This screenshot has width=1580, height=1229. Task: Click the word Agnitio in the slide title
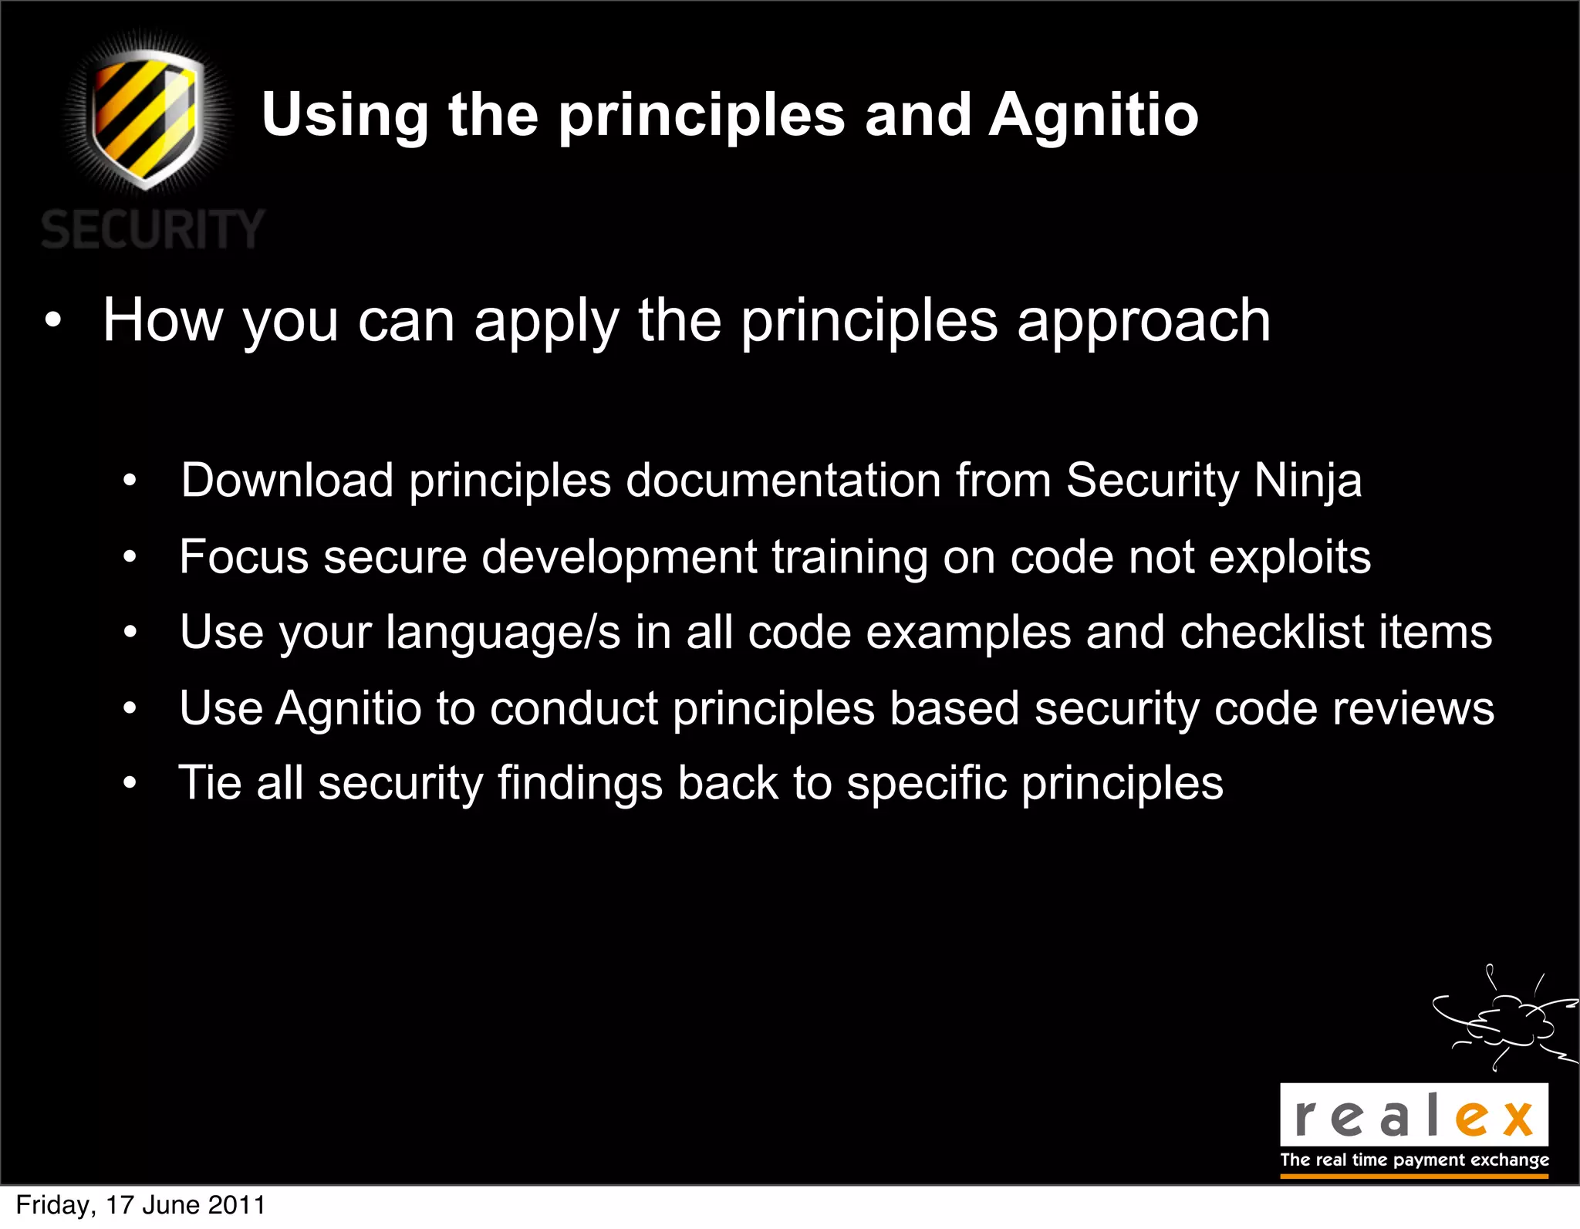[1093, 116]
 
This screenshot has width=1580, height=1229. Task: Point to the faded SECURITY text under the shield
[153, 230]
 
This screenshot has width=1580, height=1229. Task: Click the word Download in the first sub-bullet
[287, 480]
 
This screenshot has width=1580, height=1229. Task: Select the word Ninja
[1308, 481]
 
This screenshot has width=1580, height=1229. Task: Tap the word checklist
[1272, 632]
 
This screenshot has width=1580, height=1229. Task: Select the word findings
[579, 784]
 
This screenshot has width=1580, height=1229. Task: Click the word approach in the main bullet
[1143, 321]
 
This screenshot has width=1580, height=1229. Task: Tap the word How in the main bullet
[163, 320]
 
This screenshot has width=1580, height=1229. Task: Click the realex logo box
[1413, 1116]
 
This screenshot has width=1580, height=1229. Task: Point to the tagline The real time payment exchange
[1414, 1160]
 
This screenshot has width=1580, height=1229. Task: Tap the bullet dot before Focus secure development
[130, 557]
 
